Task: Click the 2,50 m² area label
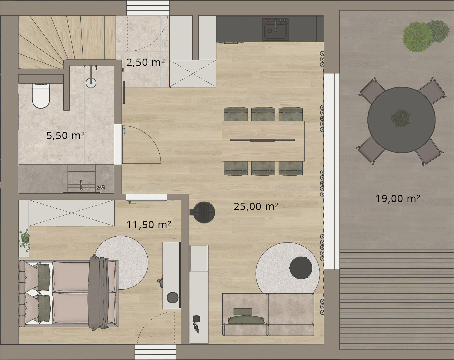coord(146,63)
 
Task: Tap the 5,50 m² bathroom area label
coord(66,135)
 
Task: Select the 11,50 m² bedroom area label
coord(149,225)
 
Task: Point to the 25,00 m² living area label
coord(256,206)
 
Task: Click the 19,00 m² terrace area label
coord(398,199)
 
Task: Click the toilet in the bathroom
coord(41,96)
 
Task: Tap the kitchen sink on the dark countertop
coord(275,29)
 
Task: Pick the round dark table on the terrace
coord(401,120)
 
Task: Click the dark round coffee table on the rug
coord(301,268)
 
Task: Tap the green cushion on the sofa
coord(246,320)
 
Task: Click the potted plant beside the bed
coord(24,241)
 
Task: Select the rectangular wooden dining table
coord(263,141)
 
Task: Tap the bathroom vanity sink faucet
coord(81,185)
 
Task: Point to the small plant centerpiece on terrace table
coord(401,118)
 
